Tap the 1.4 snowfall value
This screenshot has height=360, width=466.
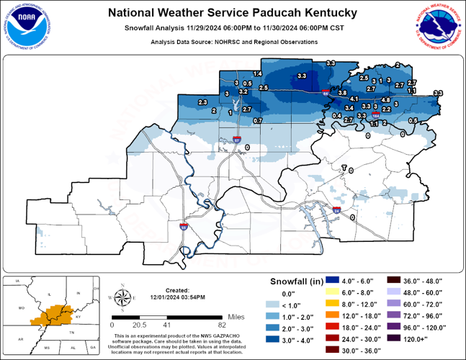(x=257, y=74)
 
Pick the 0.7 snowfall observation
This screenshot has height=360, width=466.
(x=257, y=120)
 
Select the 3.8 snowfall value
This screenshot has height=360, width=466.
(x=343, y=93)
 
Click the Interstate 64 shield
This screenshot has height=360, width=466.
(x=326, y=91)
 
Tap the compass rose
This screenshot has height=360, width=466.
(x=122, y=297)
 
